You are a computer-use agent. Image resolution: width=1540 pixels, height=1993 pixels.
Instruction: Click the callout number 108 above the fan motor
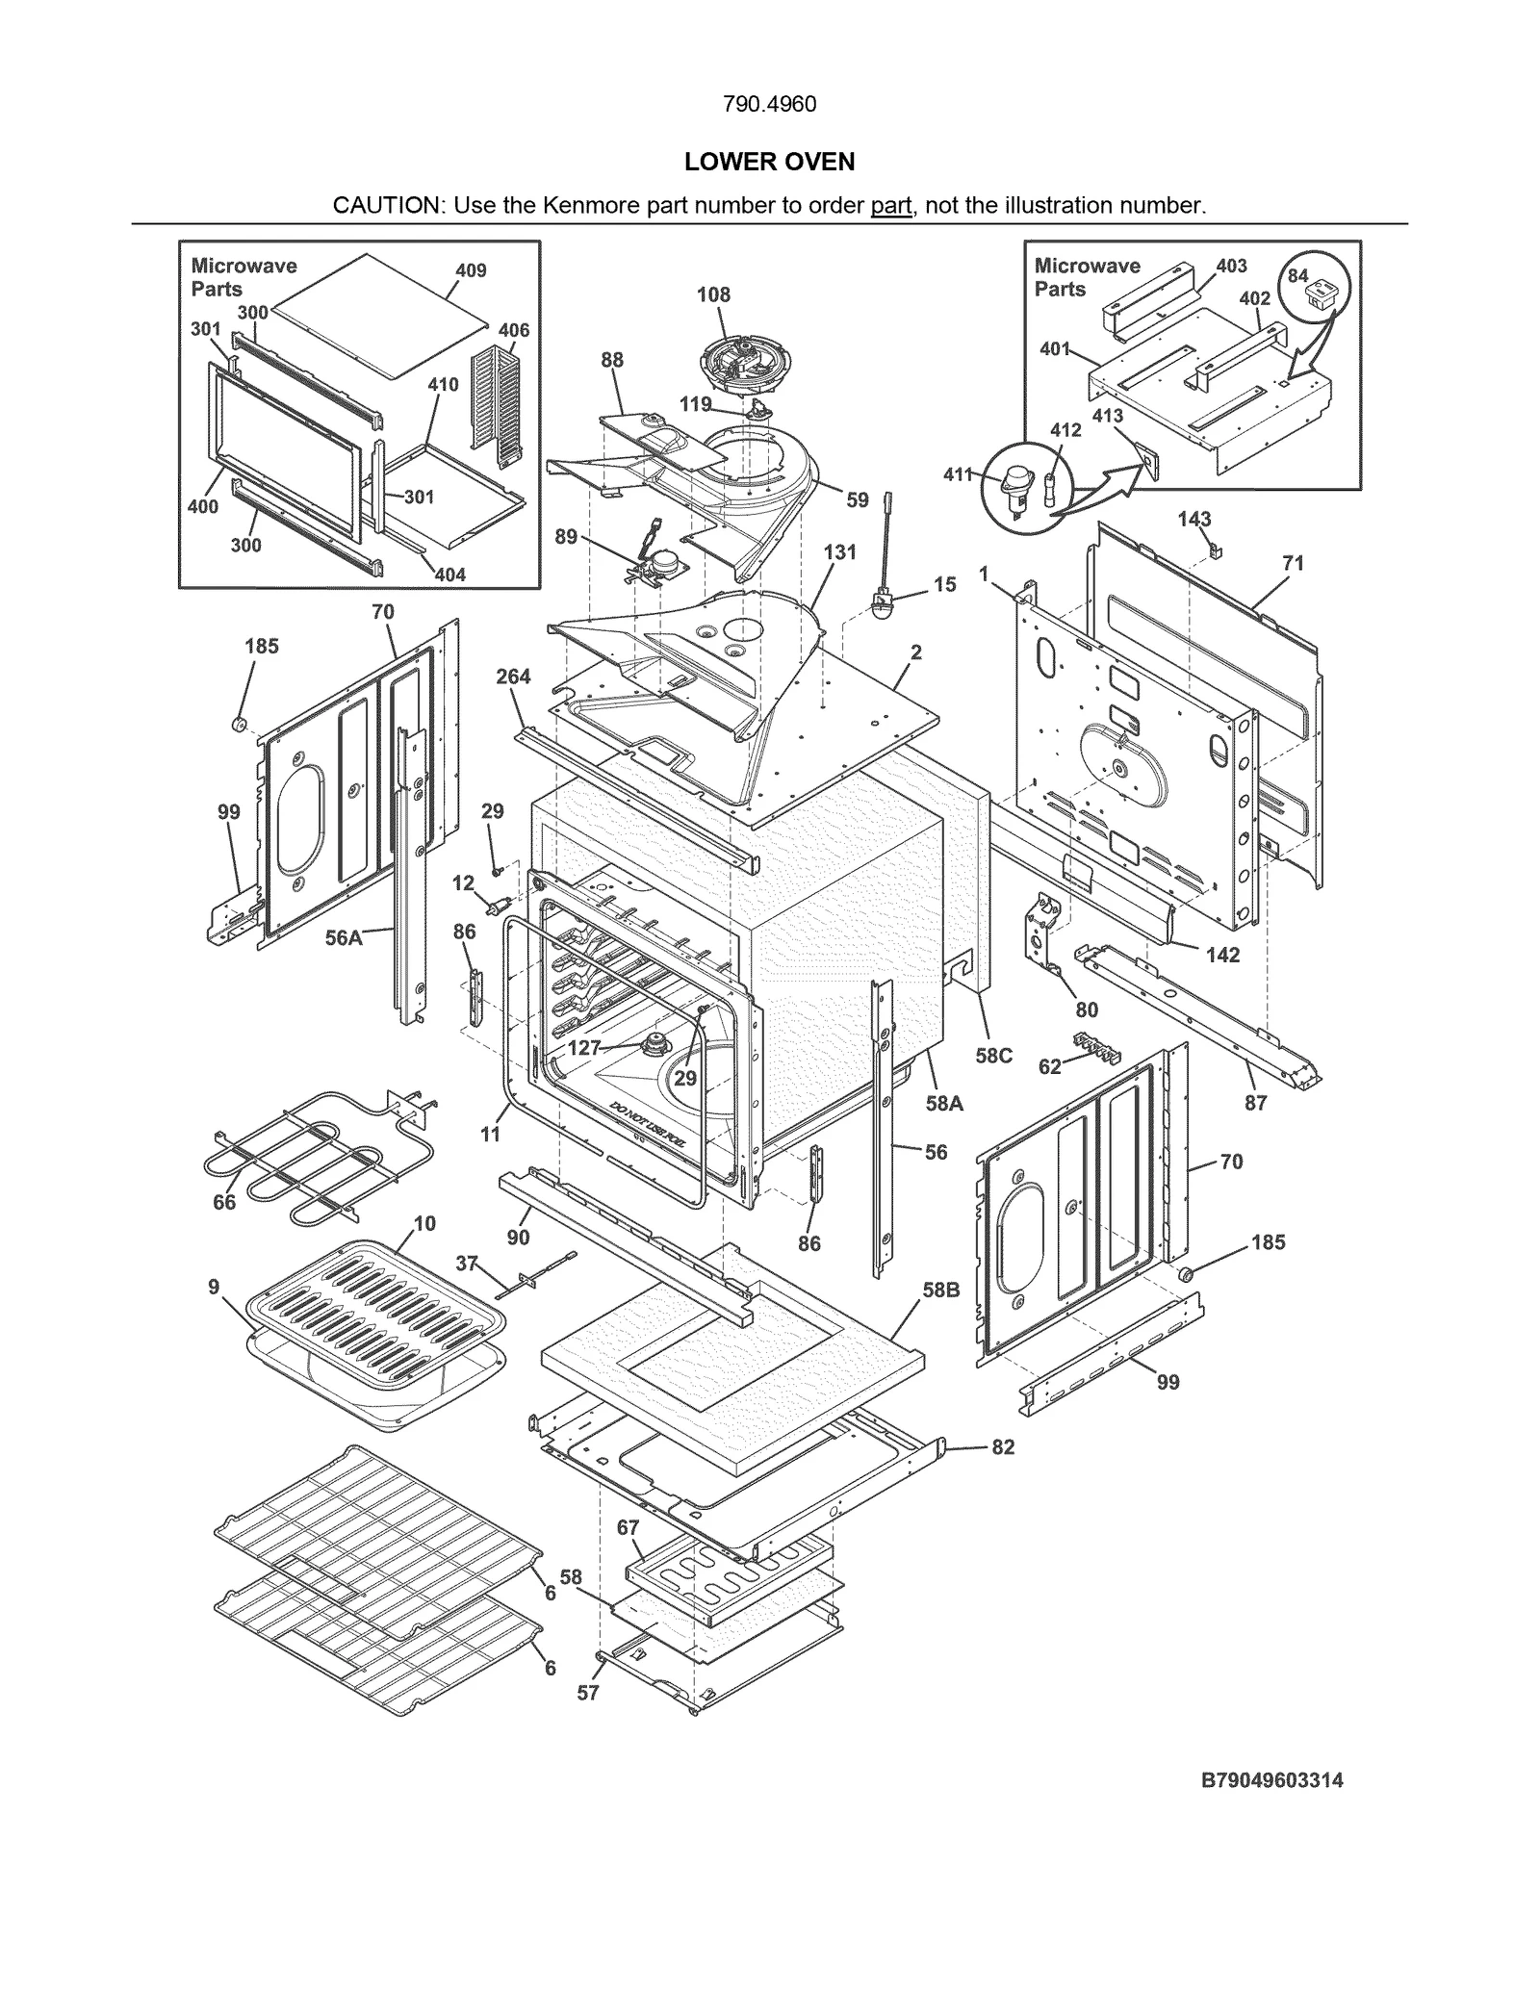point(713,294)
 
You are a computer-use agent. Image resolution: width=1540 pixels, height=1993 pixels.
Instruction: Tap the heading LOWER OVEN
point(769,162)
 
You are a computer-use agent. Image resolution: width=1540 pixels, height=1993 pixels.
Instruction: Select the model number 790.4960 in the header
point(769,104)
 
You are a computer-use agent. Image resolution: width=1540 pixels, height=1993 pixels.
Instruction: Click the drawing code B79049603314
point(1271,1780)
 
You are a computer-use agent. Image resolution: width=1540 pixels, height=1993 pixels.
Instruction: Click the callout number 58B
point(941,1290)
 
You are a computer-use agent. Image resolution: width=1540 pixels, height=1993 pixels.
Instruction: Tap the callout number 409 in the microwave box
point(471,270)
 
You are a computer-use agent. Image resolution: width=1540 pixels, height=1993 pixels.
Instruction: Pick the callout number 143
point(1193,519)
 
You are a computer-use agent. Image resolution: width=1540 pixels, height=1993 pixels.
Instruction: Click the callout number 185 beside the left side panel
point(261,646)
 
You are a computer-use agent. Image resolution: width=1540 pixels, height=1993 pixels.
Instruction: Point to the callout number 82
point(1003,1446)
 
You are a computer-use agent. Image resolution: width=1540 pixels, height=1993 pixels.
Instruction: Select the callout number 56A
point(344,937)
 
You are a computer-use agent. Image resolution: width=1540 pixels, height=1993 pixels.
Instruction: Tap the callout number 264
point(513,677)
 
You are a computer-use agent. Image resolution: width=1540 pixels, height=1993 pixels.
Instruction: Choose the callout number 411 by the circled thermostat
point(958,473)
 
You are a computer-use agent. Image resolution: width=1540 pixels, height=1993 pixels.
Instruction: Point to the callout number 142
point(1222,955)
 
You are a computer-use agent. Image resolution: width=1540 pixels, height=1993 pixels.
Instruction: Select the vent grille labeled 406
point(497,404)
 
